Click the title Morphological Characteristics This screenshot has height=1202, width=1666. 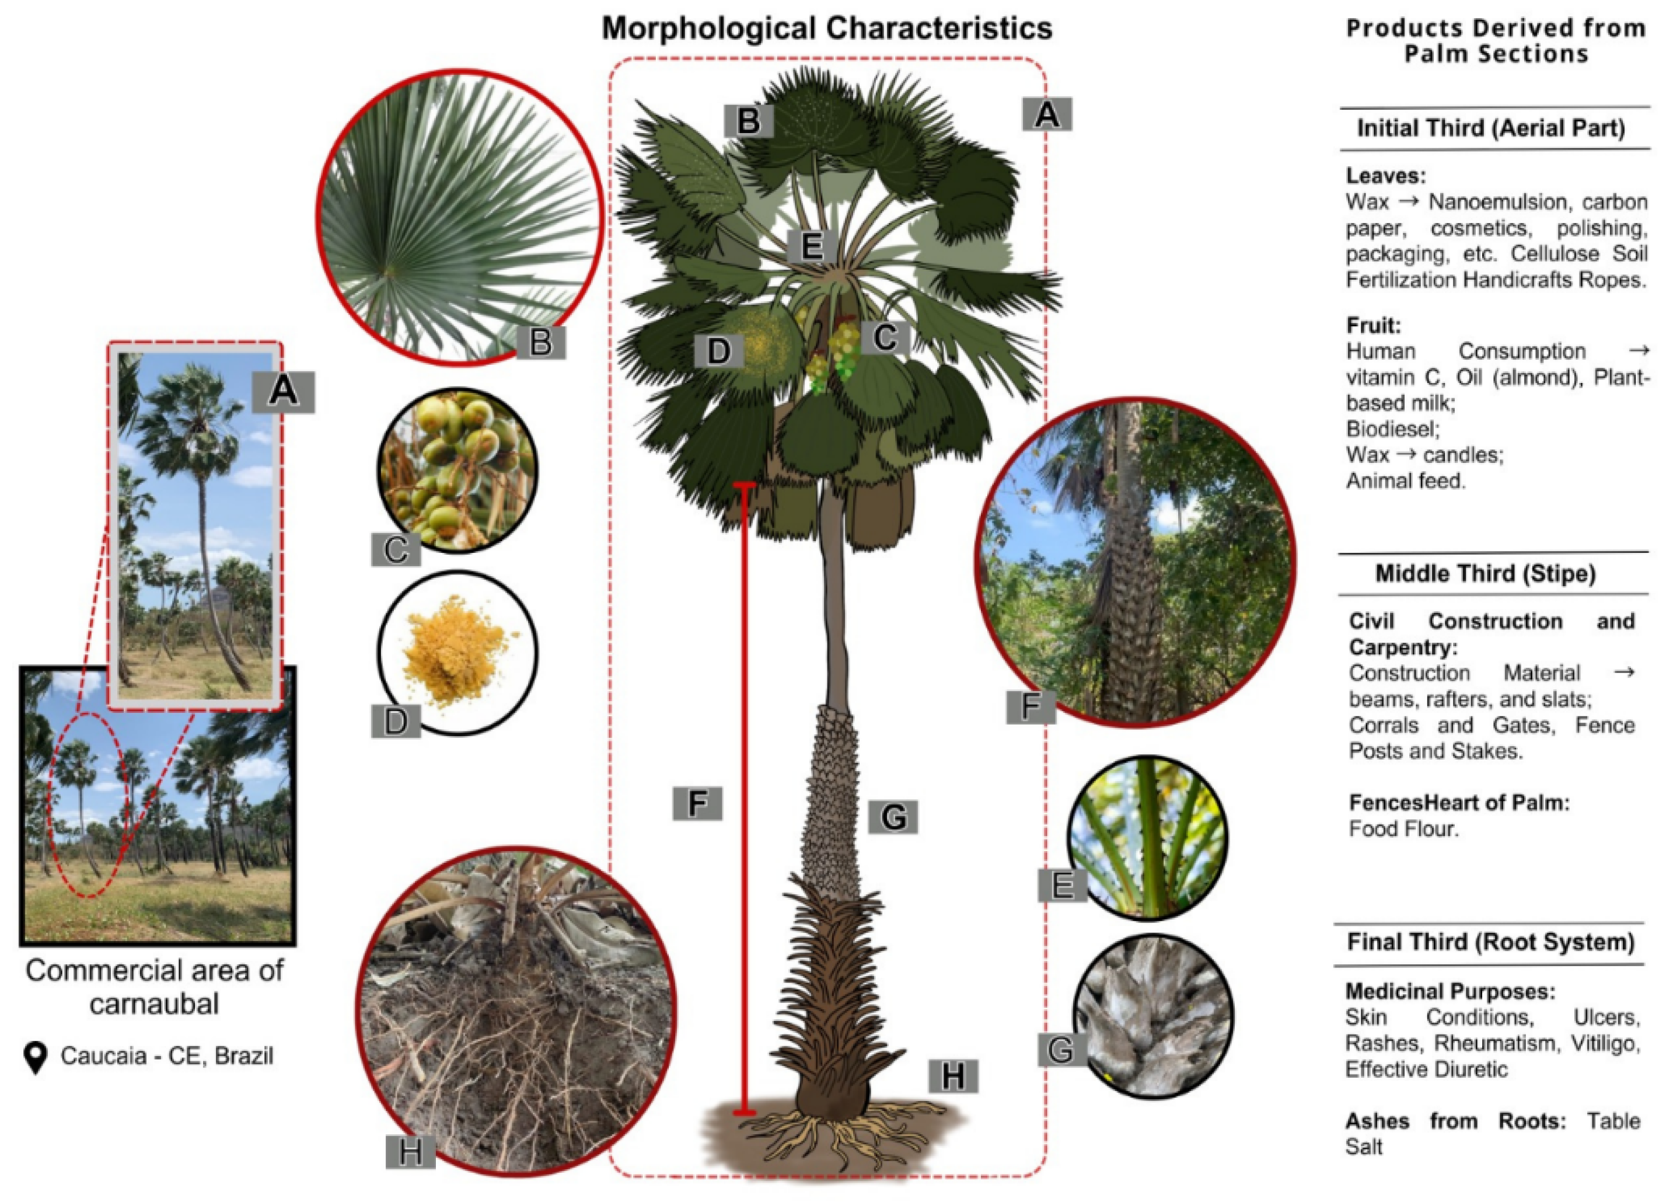826,29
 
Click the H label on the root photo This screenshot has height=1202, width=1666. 410,1151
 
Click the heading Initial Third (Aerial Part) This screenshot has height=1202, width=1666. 1490,128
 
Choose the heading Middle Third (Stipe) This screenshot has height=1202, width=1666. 1485,573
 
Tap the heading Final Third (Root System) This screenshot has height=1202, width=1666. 1490,942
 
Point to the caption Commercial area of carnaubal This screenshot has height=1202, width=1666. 154,987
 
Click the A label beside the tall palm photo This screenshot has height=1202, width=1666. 284,392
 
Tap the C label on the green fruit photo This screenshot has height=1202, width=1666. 396,549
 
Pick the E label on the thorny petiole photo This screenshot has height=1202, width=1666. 1061,886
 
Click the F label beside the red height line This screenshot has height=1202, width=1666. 697,803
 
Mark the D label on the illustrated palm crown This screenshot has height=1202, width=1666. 718,351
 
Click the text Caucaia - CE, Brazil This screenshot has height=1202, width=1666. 167,1056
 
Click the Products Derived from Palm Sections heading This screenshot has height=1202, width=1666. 1496,41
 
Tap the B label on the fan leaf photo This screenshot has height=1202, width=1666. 540,342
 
